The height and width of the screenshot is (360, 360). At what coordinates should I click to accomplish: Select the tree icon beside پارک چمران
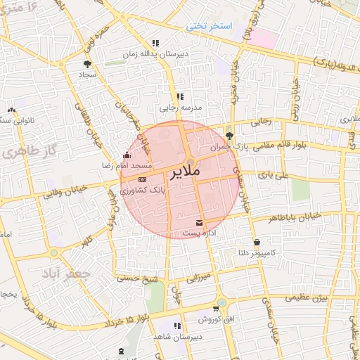(231, 136)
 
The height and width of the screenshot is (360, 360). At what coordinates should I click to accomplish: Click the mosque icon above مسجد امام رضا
(127, 155)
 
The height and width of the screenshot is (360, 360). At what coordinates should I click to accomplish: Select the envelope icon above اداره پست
(201, 222)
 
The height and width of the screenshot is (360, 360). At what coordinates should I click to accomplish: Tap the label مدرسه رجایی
(176, 108)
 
